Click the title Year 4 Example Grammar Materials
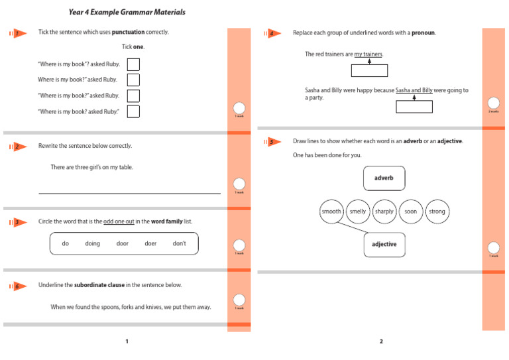tap(127, 12)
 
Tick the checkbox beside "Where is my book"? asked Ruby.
tap(133, 64)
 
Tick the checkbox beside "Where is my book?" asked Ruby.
tap(133, 95)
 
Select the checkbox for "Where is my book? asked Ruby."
tap(133, 111)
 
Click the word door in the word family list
tap(122, 243)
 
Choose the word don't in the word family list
tap(179, 243)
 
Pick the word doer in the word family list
tap(150, 243)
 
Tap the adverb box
tap(384, 178)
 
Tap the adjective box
tap(384, 244)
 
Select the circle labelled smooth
tap(331, 211)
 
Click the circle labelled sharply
tap(384, 211)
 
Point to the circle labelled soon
tap(410, 211)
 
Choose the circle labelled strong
tap(437, 211)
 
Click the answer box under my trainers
tap(369, 71)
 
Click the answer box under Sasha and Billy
tap(414, 107)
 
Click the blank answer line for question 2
tap(129, 193)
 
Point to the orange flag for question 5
tap(271, 142)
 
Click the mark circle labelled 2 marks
tap(494, 103)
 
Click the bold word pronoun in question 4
tap(423, 32)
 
